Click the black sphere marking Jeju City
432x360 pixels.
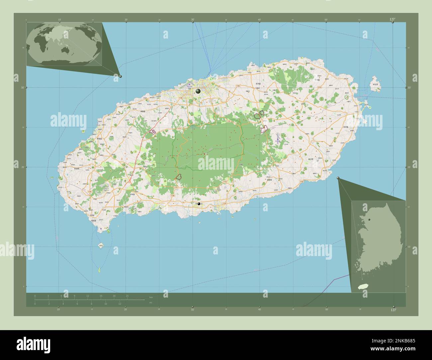pos(198,91)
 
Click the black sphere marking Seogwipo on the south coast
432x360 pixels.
pos(199,204)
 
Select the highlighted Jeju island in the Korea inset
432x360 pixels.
pos(361,286)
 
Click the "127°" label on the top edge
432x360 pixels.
pos(392,19)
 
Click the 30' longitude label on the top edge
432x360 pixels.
pos(193,20)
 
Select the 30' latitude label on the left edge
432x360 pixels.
pos(23,87)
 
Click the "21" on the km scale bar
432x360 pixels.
pos(127,296)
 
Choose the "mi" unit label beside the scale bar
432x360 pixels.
pos(151,303)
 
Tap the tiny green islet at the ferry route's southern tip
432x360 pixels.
pos(99,270)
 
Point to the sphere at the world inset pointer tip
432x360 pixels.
pos(120,76)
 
